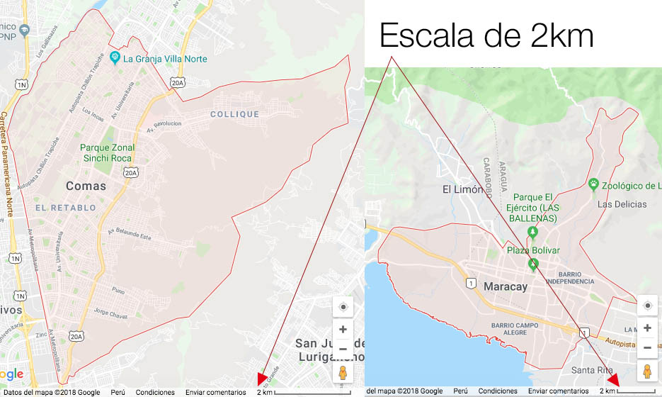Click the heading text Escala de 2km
(486, 35)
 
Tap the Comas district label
(86, 186)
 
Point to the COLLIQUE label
(235, 114)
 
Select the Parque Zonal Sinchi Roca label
(108, 152)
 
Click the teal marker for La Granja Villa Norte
(115, 57)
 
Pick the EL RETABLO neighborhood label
(64, 208)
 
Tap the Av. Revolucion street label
(164, 126)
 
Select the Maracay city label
(507, 286)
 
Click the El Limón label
(462, 189)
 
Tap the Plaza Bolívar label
(533, 250)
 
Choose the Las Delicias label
(622, 204)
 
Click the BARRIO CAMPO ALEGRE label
(515, 329)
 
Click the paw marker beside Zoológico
(593, 184)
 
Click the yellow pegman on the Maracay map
(647, 371)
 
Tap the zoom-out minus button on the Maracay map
(647, 348)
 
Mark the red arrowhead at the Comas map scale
(262, 380)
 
